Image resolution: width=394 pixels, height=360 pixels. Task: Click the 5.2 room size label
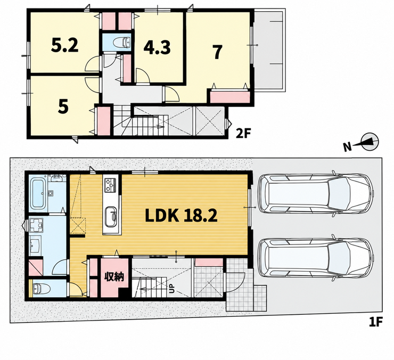64,45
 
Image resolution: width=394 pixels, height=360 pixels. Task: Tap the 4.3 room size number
157,47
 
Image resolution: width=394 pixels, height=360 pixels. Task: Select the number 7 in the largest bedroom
218,53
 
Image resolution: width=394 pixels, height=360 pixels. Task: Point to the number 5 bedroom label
63,107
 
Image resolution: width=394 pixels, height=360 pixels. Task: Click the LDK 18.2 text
181,216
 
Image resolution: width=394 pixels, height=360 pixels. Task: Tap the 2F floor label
243,134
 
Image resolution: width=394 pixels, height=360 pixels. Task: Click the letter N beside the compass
348,147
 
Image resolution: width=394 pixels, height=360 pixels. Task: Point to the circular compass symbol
370,142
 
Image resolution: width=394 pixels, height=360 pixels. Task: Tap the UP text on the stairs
172,289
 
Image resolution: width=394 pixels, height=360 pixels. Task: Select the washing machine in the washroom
36,225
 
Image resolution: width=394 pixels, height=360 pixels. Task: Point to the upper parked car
315,193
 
